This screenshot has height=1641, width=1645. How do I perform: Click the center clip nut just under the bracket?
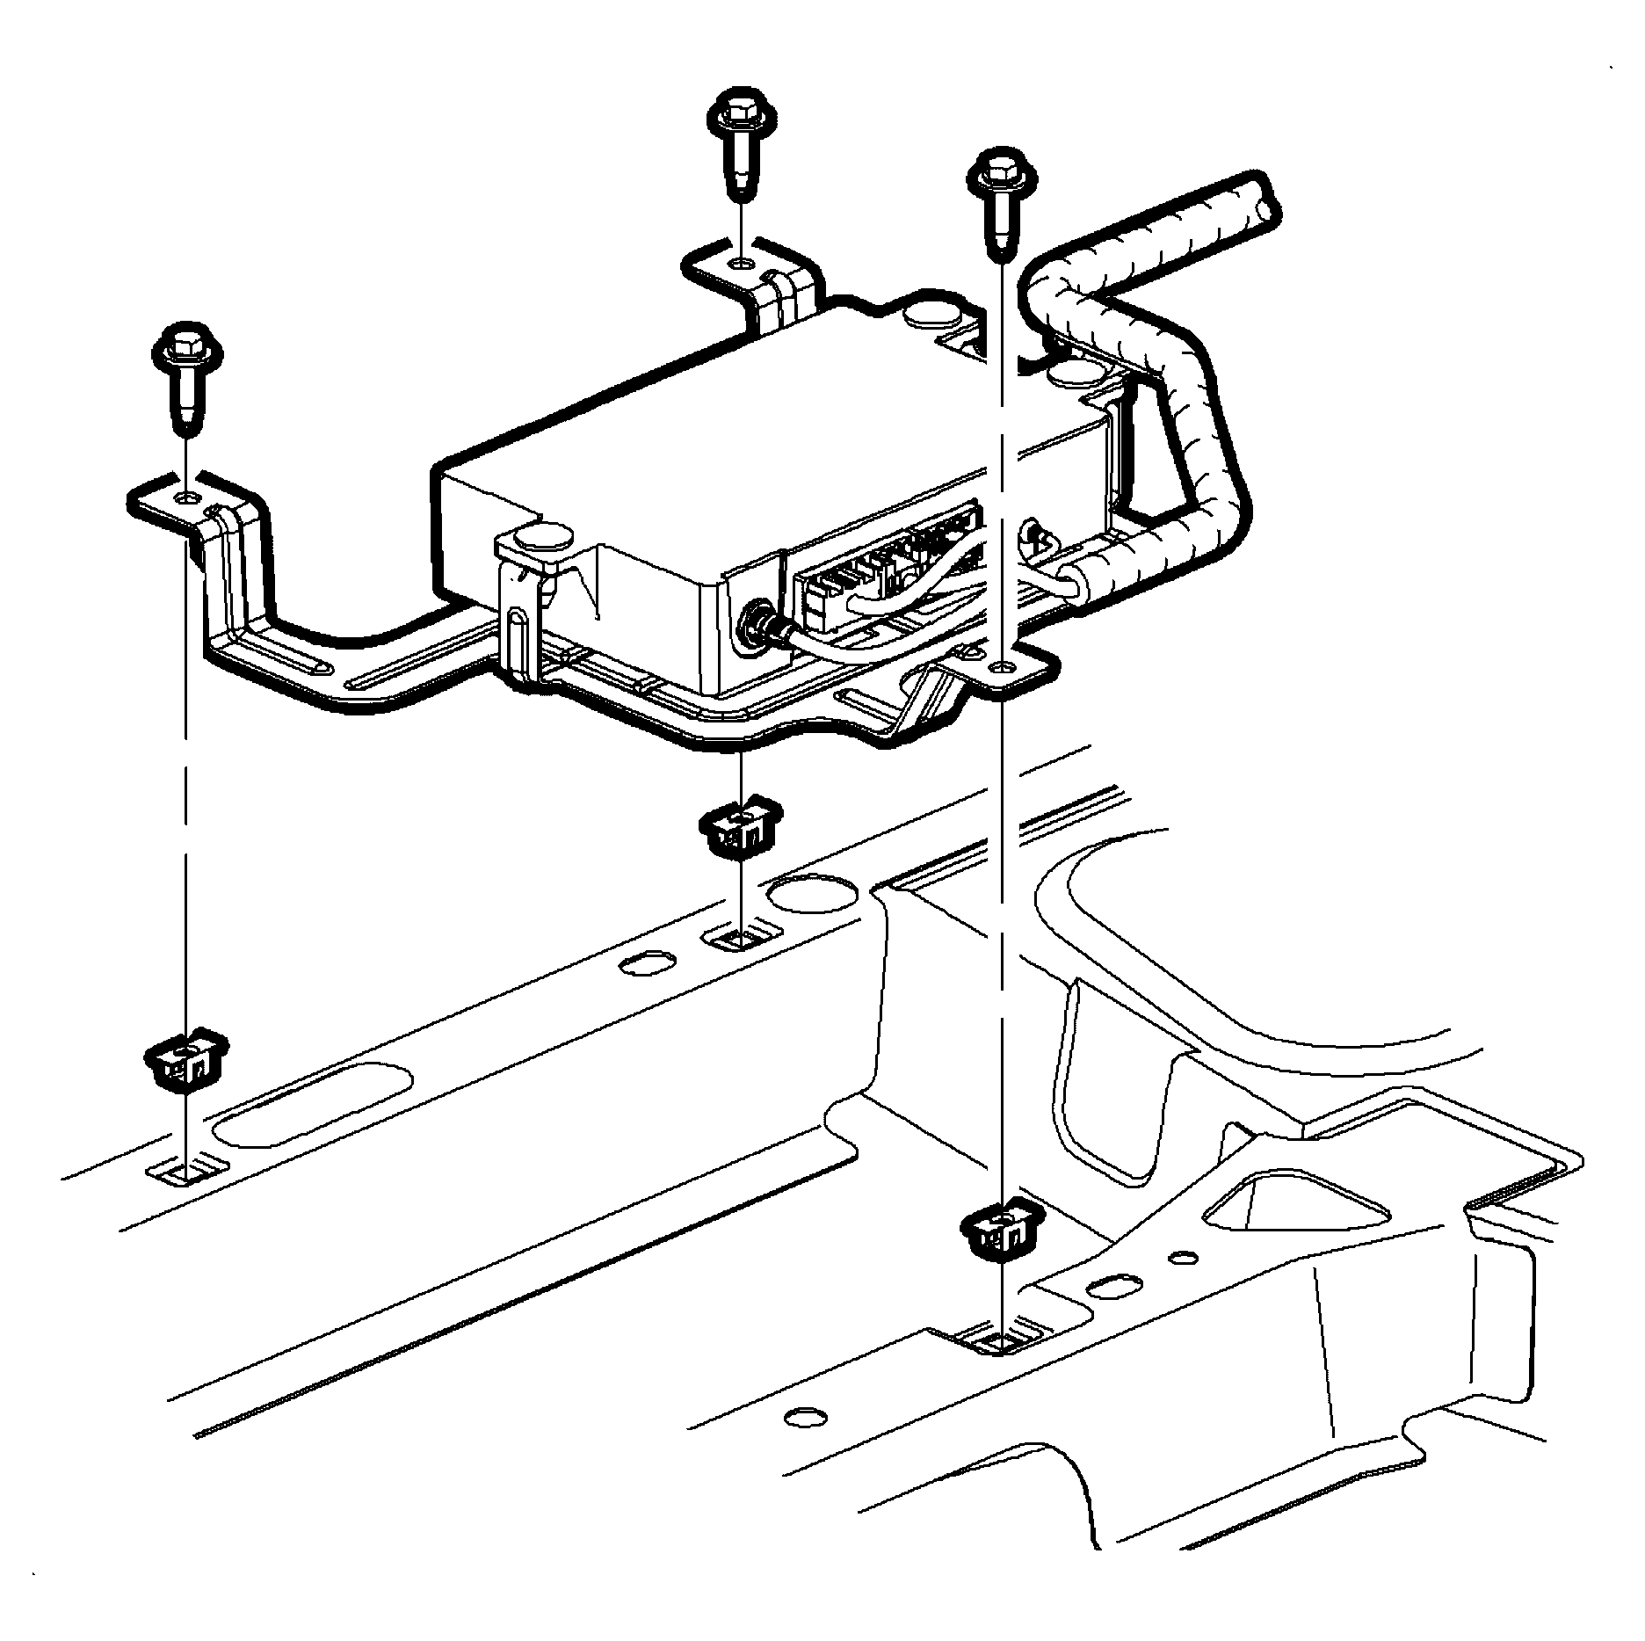click(x=740, y=828)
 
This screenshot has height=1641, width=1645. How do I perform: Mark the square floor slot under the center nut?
click(x=740, y=940)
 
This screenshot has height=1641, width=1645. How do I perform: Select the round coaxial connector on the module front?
click(x=756, y=624)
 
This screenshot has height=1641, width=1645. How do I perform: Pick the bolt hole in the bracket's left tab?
click(x=186, y=498)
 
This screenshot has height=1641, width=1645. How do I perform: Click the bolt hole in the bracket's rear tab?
click(x=741, y=264)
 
